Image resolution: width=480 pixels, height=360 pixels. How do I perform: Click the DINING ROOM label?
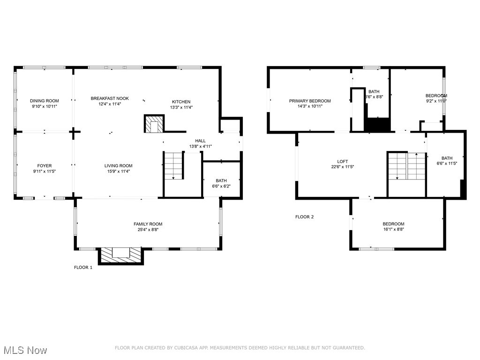click(45, 101)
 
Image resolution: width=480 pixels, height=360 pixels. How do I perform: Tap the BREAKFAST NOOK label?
click(110, 98)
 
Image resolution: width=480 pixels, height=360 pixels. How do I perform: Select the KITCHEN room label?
click(181, 102)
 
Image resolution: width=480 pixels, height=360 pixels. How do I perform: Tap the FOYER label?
click(45, 165)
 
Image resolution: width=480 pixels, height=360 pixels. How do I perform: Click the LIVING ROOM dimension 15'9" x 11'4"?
click(118, 172)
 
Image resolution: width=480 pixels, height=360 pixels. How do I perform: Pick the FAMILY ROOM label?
click(148, 224)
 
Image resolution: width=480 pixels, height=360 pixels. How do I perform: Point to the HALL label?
click(200, 141)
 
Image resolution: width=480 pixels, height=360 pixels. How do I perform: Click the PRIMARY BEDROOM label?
click(310, 101)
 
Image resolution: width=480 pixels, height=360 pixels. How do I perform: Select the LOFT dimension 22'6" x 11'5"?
click(342, 167)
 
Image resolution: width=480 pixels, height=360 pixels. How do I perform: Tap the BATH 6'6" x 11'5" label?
click(447, 158)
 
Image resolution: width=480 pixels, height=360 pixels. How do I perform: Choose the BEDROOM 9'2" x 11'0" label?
click(436, 96)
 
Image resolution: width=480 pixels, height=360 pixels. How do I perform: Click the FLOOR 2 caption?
click(304, 217)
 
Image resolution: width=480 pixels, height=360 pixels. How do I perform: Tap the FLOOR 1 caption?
click(83, 268)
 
